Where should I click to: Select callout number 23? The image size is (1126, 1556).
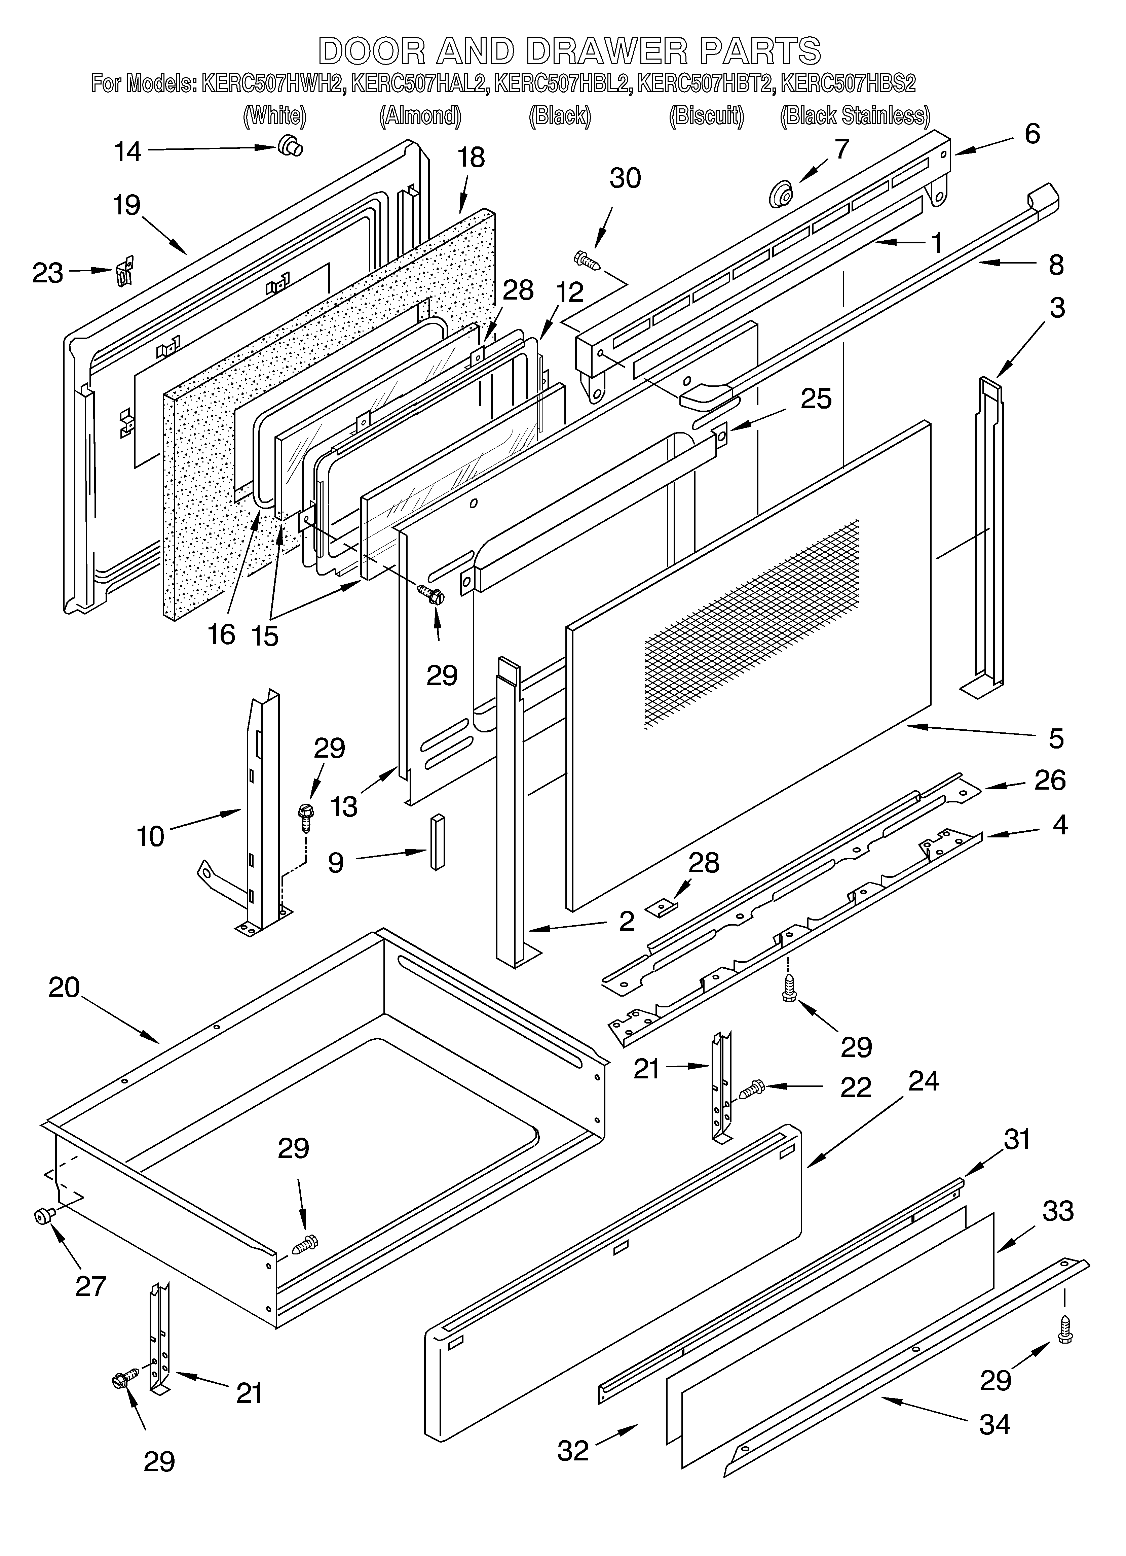pos(48,273)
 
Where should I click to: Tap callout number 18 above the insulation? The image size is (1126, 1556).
pos(471,158)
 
